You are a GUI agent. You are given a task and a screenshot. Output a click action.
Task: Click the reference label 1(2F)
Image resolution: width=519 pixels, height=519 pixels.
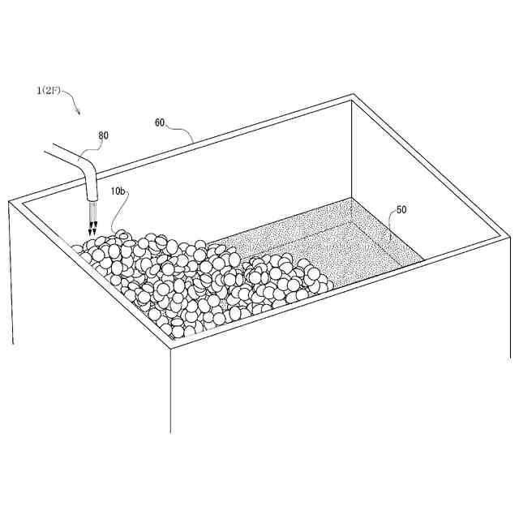49,91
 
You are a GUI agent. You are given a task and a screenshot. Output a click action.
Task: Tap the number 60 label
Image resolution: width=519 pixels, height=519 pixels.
160,122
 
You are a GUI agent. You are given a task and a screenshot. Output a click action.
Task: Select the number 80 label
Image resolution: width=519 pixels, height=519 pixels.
103,135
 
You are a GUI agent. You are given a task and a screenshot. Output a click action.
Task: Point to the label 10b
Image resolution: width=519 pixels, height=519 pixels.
118,191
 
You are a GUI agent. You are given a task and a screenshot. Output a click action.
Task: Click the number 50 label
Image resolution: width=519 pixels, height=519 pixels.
401,210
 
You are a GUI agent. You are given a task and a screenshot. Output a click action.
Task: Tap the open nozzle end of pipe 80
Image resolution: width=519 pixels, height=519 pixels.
92,199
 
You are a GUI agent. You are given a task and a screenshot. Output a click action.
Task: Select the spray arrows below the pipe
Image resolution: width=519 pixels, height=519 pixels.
92,219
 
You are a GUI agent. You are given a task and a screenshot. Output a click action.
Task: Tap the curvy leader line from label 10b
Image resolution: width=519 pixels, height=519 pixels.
120,212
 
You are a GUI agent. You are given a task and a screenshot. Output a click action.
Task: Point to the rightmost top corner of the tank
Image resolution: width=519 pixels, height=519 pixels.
509,236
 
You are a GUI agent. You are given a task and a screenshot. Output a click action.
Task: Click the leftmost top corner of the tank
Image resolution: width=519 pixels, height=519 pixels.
9,201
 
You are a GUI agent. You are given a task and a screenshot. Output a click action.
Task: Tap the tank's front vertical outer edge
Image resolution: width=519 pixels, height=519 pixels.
171,391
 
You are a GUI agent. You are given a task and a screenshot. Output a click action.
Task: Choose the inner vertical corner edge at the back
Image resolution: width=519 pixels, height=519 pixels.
351,149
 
